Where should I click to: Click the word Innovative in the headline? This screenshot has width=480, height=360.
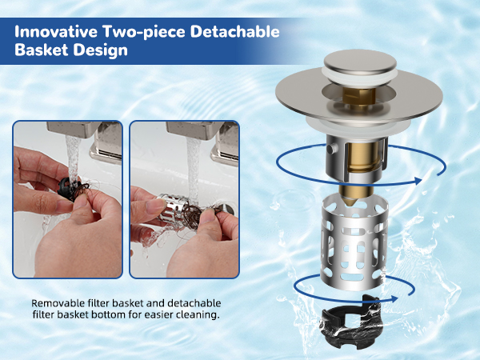[56, 31]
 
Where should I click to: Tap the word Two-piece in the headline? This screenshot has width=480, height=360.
[144, 32]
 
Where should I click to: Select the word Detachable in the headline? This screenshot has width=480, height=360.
[234, 31]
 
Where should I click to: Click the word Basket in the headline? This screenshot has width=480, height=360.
[42, 50]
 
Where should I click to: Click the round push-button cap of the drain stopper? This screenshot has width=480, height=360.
[360, 62]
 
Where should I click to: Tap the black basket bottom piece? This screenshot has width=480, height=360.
[351, 321]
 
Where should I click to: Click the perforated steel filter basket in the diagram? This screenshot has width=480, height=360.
[354, 243]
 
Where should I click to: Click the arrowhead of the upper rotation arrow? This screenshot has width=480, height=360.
[418, 181]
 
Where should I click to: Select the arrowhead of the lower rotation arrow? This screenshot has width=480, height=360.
[394, 298]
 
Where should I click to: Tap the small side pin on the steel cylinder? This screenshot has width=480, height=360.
[330, 149]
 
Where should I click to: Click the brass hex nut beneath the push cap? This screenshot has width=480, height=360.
[358, 97]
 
